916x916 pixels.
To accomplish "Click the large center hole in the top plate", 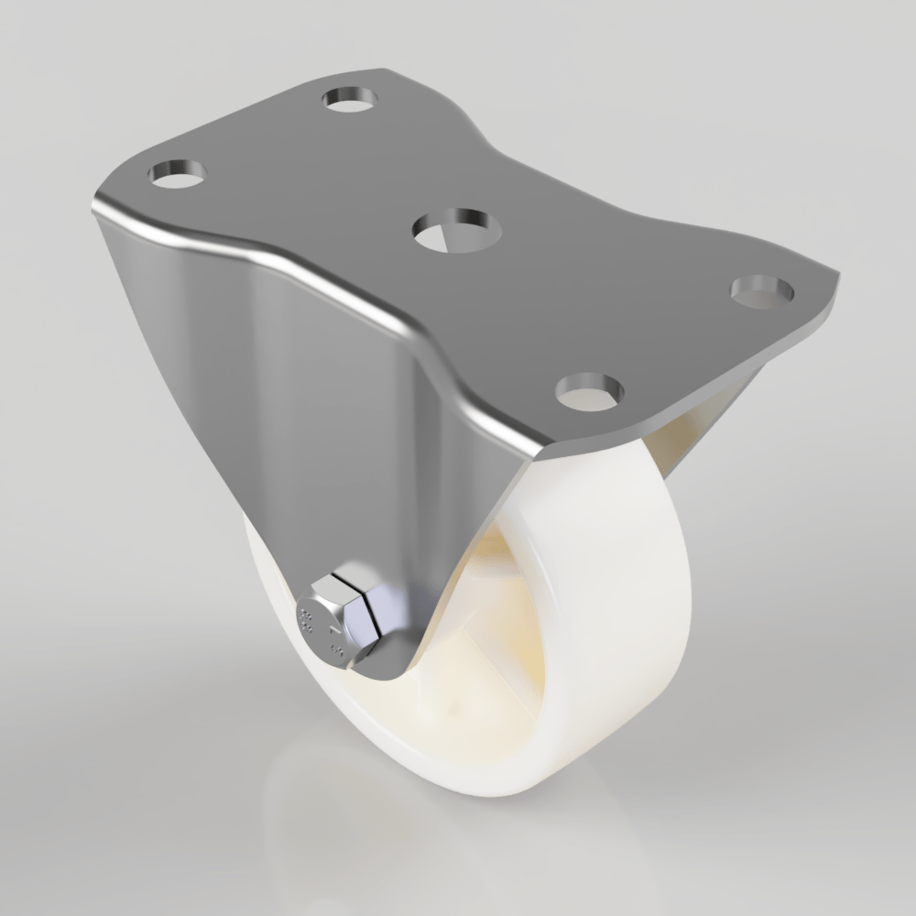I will click(x=455, y=228).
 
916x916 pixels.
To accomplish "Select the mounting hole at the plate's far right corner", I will click(x=762, y=290).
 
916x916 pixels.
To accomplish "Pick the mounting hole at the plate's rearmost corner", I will click(x=352, y=98).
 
